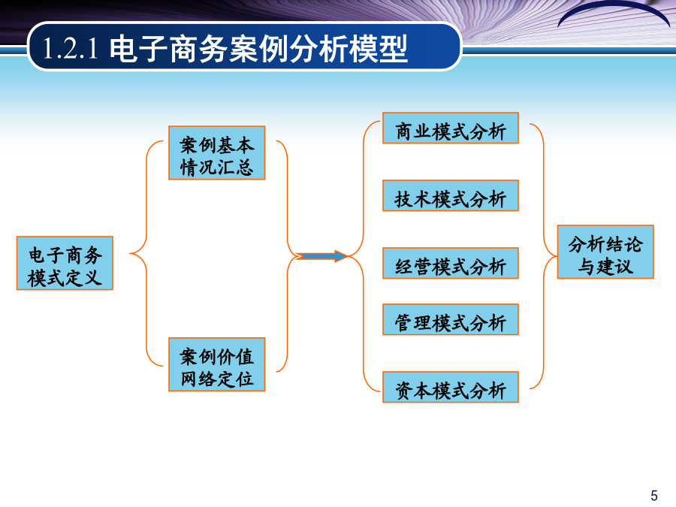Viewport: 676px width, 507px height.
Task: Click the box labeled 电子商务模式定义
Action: coord(65,263)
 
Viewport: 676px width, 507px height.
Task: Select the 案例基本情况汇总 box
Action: coord(217,152)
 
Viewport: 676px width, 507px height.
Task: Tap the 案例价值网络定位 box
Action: coord(217,364)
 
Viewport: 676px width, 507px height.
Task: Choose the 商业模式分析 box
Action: coord(451,128)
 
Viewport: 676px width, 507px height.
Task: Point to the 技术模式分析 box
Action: coord(451,196)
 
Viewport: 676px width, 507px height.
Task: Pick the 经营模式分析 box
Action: coord(451,263)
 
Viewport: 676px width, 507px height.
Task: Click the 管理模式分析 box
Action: coord(451,319)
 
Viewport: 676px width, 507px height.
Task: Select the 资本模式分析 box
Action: coord(451,387)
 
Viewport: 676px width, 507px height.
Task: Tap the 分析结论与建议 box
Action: coord(605,252)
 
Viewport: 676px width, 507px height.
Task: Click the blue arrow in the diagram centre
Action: coord(321,256)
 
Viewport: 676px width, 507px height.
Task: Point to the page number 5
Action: coord(654,496)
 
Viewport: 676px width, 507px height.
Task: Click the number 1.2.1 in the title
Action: coord(71,48)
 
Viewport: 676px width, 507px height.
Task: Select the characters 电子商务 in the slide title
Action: coord(168,48)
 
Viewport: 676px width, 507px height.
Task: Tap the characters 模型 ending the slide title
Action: coord(378,48)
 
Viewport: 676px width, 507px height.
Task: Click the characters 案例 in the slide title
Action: coord(258,48)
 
